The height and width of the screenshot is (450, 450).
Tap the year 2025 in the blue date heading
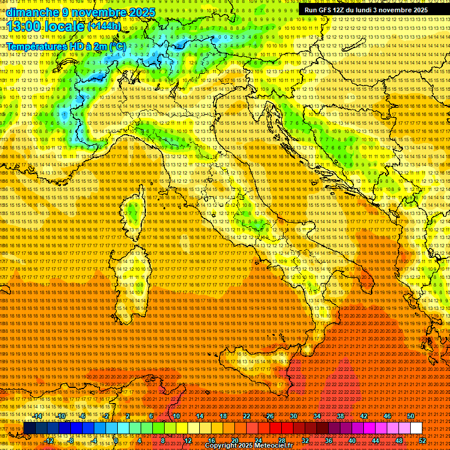point(138,12)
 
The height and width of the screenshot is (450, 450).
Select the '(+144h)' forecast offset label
point(104,26)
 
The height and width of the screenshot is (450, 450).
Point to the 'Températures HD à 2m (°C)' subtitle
point(66,46)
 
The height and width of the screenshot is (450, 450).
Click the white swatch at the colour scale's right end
point(416,428)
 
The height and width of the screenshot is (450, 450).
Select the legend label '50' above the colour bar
point(411,416)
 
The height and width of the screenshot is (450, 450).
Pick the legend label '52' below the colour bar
point(422,441)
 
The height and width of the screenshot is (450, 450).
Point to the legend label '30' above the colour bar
point(294,416)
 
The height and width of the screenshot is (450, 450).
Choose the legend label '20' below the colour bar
point(235,441)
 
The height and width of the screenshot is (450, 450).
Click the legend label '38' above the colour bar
point(340,416)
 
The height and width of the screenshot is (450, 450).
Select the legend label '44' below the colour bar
point(376,441)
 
